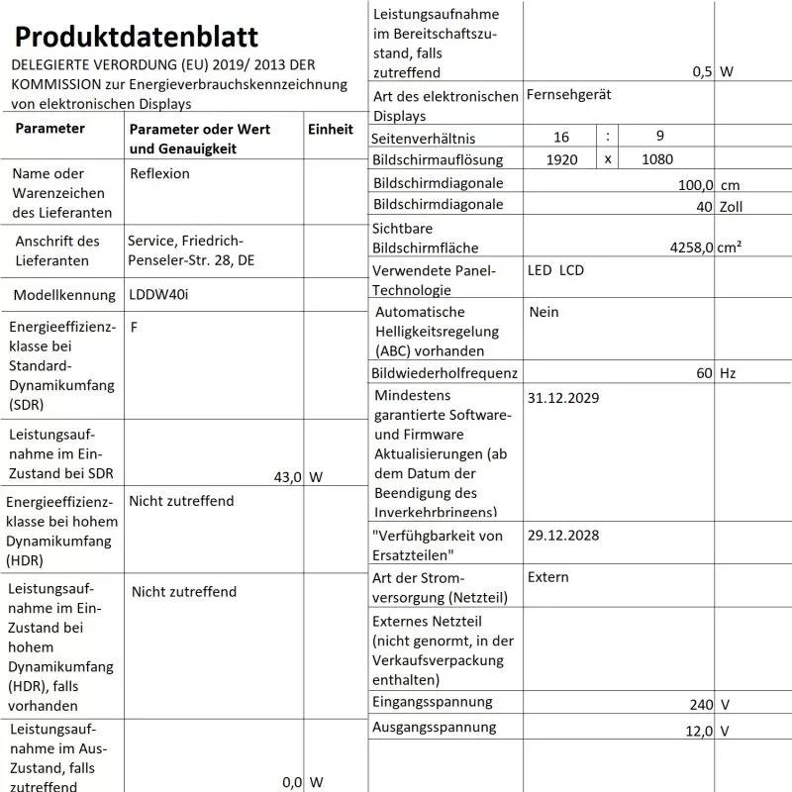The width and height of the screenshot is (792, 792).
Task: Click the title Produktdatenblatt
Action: (x=137, y=37)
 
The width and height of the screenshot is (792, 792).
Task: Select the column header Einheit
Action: (x=331, y=129)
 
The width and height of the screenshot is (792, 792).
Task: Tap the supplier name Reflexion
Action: (x=159, y=173)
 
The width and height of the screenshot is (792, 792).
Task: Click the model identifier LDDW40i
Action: (x=159, y=295)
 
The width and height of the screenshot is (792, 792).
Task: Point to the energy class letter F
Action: (x=134, y=327)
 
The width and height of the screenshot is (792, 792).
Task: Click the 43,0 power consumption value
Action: (x=287, y=477)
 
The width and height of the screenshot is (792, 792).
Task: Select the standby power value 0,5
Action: (x=703, y=71)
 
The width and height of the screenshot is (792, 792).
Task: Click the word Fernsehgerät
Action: (x=569, y=95)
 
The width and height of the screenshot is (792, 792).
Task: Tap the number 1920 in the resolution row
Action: (x=561, y=159)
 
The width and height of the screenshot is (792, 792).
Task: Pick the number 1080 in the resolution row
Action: (x=658, y=159)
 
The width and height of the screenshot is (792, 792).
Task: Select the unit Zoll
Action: (x=732, y=206)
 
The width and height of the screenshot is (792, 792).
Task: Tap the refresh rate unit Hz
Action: (x=729, y=373)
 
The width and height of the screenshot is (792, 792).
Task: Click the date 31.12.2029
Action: (x=563, y=398)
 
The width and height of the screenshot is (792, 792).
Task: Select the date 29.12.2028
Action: (x=563, y=536)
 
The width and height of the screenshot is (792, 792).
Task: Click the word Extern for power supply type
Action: (x=548, y=577)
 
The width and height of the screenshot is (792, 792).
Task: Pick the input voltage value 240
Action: (x=702, y=705)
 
